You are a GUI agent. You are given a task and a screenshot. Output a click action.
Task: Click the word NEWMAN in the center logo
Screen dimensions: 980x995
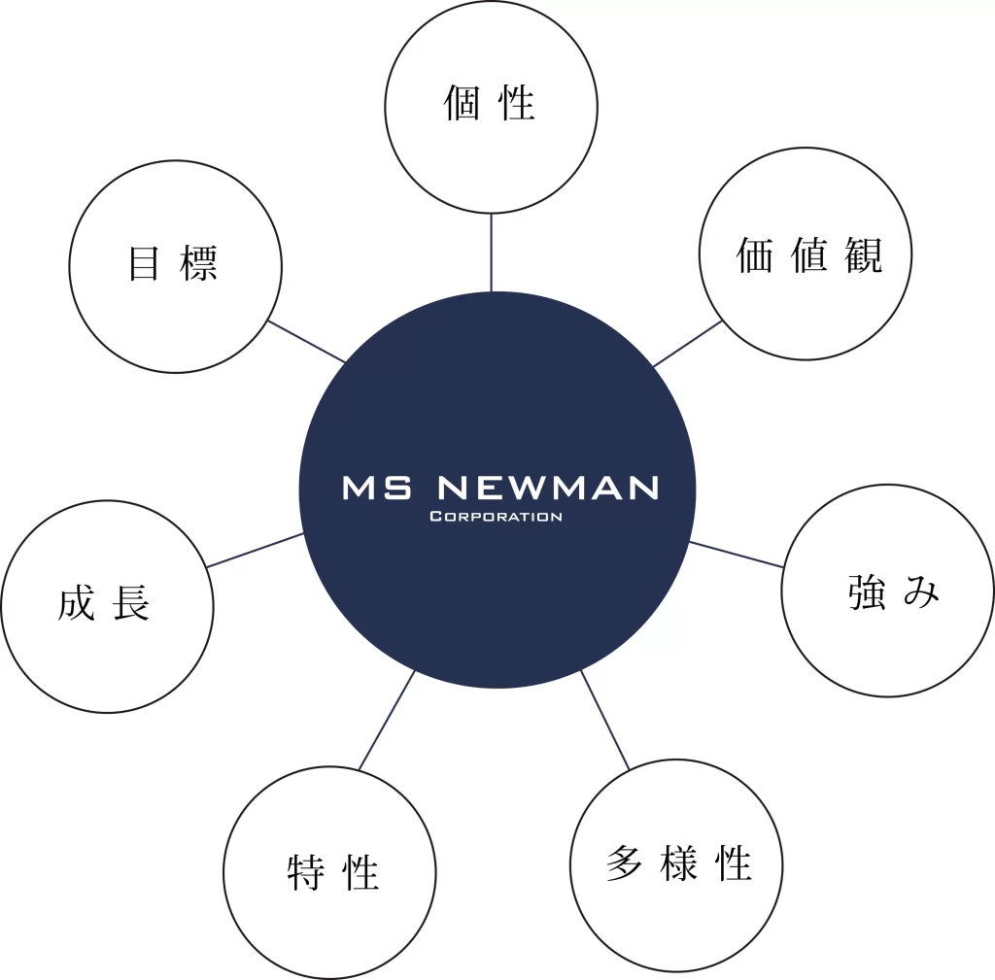(549, 488)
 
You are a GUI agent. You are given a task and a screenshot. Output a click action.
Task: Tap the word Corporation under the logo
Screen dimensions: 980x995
(496, 517)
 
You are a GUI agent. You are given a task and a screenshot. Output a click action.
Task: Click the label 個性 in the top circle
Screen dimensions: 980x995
(490, 103)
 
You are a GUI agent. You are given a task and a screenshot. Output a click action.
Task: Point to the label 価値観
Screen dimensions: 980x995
(808, 254)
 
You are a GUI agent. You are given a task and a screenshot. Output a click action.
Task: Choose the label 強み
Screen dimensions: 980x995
(894, 591)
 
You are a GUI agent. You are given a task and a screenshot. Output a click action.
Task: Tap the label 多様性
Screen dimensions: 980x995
(678, 863)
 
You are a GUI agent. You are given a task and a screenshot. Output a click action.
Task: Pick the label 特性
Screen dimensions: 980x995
(332, 871)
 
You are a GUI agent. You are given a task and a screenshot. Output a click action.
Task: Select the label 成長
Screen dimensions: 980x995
(104, 604)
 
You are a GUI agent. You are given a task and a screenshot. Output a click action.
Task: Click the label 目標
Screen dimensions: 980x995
(173, 263)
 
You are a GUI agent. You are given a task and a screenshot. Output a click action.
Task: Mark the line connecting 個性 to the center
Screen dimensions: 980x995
(491, 253)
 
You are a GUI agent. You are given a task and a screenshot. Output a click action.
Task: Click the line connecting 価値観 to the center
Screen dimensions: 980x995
(688, 344)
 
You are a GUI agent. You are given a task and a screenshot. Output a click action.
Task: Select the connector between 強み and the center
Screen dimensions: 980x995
(737, 555)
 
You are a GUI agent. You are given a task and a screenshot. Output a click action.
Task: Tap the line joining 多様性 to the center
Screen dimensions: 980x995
(605, 720)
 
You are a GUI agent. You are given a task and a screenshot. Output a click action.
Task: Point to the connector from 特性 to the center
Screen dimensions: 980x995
(387, 721)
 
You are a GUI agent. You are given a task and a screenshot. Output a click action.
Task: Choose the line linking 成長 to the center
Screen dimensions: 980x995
(256, 550)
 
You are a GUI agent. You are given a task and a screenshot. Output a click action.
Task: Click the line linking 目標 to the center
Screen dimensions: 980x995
(306, 341)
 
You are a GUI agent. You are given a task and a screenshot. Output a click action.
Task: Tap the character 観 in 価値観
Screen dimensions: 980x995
(862, 254)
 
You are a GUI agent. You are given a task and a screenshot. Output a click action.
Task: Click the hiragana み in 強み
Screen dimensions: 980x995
(921, 592)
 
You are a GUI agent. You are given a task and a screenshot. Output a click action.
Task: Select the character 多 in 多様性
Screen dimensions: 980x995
(624, 863)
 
